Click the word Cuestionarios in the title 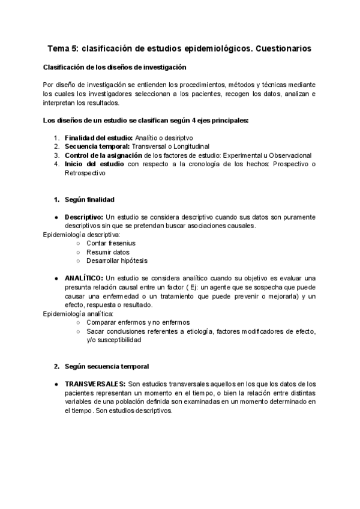point(283,47)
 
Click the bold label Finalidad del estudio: point(99,137)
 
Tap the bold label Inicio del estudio point(95,164)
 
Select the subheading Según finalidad point(89,199)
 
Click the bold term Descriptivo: point(85,217)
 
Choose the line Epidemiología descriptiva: point(82,235)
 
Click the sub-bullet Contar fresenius point(111,243)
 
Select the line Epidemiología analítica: point(78,313)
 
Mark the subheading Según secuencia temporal point(107,366)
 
